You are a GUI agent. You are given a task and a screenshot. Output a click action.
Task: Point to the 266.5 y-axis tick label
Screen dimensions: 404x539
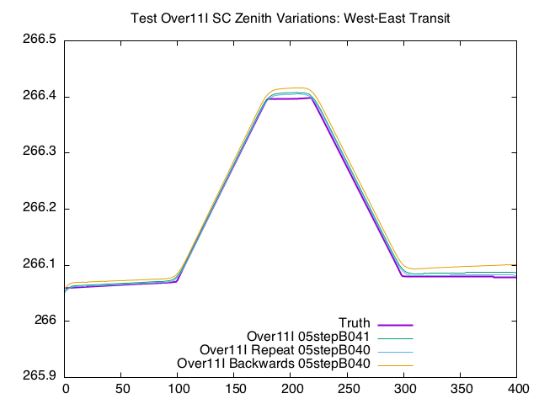[40, 40]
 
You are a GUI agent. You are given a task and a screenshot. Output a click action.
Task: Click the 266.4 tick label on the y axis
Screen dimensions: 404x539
[40, 97]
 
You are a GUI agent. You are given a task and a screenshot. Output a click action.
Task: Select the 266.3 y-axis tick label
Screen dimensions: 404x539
[40, 152]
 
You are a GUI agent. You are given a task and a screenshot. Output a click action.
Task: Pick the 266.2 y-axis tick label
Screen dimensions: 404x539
[40, 209]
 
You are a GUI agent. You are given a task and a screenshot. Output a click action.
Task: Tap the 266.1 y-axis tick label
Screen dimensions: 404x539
[40, 264]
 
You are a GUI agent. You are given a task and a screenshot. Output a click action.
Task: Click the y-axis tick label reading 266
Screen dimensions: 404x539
[47, 321]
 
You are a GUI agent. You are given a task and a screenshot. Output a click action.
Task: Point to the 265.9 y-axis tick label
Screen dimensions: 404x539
[40, 376]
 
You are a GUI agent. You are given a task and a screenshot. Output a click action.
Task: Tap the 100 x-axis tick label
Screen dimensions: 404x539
[178, 390]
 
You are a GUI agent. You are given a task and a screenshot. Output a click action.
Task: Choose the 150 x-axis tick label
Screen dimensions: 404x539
[235, 390]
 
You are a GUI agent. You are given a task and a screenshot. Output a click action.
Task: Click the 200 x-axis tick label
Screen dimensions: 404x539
[291, 390]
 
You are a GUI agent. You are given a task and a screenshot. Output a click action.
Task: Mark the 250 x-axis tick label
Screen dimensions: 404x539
[348, 390]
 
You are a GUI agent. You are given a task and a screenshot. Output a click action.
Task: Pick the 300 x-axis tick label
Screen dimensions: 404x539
[404, 390]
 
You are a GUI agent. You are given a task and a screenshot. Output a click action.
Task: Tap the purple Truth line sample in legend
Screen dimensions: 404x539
[395, 324]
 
